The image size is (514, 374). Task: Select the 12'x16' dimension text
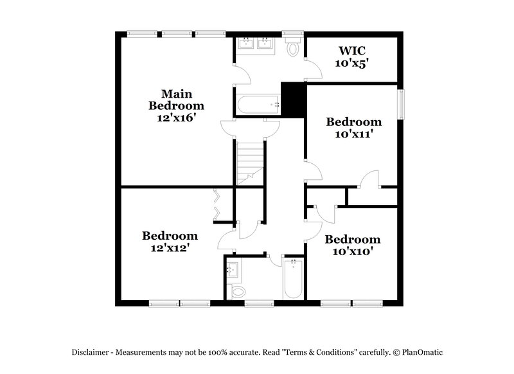pyautogui.click(x=176, y=118)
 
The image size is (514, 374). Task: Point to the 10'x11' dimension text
pyautogui.click(x=353, y=134)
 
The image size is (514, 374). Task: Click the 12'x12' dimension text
pyautogui.click(x=170, y=247)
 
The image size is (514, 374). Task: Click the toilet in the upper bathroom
pyautogui.click(x=294, y=48)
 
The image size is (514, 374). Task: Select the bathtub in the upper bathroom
pyautogui.click(x=258, y=105)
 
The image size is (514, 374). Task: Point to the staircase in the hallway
pyautogui.click(x=249, y=161)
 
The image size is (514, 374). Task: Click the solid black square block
pyautogui.click(x=292, y=100)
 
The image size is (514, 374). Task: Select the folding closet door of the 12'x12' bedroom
pyautogui.click(x=217, y=205)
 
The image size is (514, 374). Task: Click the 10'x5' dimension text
pyautogui.click(x=351, y=64)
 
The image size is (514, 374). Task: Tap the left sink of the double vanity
pyautogui.click(x=247, y=44)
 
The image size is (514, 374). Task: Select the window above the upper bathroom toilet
pyautogui.click(x=294, y=33)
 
